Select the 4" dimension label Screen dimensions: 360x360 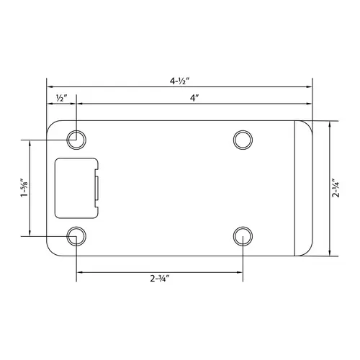click(194, 96)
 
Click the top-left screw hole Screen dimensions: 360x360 click(76, 138)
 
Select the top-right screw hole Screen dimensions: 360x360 click(243, 138)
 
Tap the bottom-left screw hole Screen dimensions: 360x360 click(76, 235)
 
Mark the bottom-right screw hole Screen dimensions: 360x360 click(243, 235)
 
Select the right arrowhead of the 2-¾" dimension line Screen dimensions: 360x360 click(240, 271)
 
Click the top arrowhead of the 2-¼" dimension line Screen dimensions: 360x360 click(329, 123)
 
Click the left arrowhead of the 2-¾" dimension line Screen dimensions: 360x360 click(78, 271)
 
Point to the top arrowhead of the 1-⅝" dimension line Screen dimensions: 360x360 click(30, 141)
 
